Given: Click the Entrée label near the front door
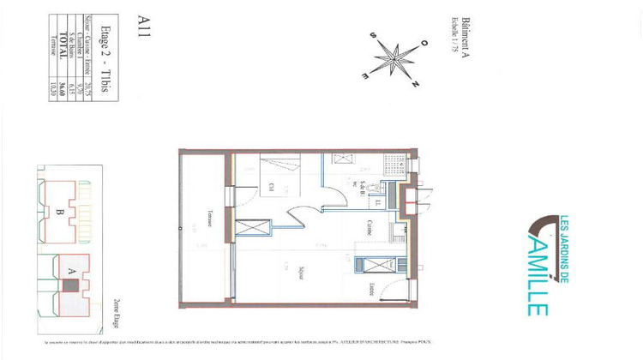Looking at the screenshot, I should pyautogui.click(x=372, y=287).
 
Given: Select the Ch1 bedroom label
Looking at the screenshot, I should pyautogui.click(x=271, y=187).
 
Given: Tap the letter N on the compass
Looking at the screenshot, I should pyautogui.click(x=416, y=84).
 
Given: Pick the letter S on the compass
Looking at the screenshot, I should pyautogui.click(x=374, y=35).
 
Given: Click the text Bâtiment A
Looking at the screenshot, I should pyautogui.click(x=466, y=35).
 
